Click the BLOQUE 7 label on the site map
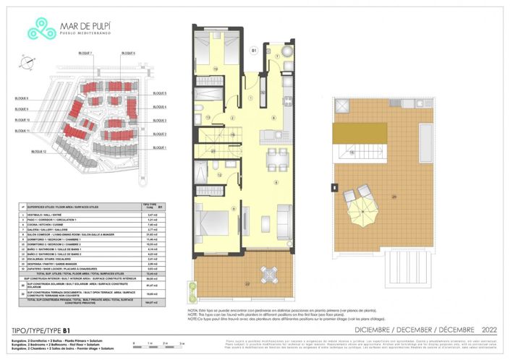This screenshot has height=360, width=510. coord(85,53)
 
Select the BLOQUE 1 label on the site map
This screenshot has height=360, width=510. coord(160,147)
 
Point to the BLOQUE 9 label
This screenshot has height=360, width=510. coord(22,109)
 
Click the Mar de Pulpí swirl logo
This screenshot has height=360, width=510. coord(42,30)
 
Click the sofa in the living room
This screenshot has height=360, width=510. coord(284,218)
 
